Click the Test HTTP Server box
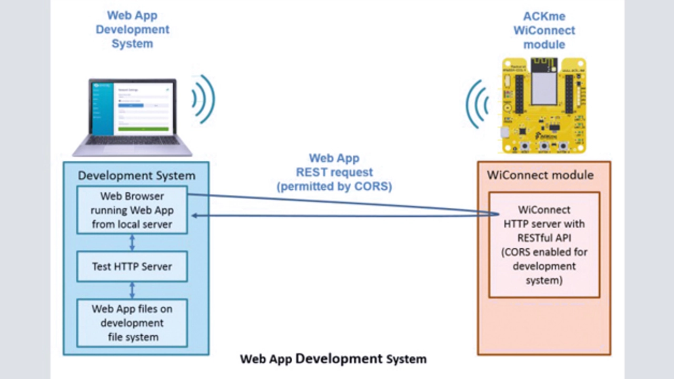pyautogui.click(x=132, y=267)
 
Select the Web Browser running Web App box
pyautogui.click(x=132, y=210)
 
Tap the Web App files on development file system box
pyautogui.click(x=132, y=323)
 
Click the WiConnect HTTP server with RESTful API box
pyautogui.click(x=544, y=245)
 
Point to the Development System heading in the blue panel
pyautogui.click(x=136, y=176)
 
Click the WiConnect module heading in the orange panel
pyautogui.click(x=540, y=175)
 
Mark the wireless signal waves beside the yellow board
pyautogui.click(x=477, y=104)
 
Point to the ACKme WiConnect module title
pyautogui.click(x=544, y=30)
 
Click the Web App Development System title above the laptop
pyautogui.click(x=132, y=30)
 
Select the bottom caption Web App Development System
pyautogui.click(x=333, y=359)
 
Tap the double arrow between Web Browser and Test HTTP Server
pyautogui.click(x=132, y=242)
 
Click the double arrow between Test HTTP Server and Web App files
pyautogui.click(x=132, y=290)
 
